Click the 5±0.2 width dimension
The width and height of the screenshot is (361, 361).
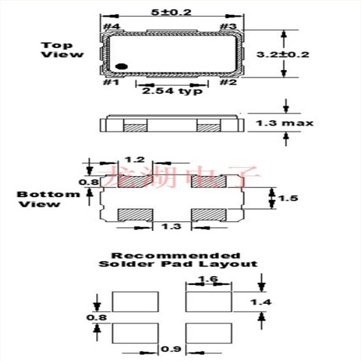point(173,13)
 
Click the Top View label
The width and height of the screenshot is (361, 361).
point(57,50)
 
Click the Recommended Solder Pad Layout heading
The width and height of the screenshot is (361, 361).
point(177,259)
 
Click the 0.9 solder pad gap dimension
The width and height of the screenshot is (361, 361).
point(171,349)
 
